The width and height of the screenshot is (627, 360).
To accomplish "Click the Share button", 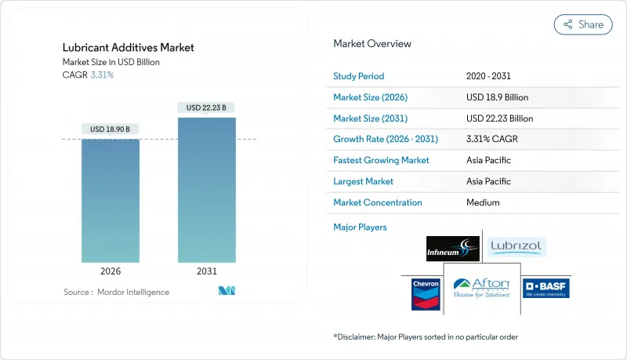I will [x=583, y=24].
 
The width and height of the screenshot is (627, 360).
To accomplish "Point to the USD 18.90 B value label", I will [x=111, y=129].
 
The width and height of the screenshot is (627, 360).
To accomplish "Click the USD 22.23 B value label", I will [x=207, y=107].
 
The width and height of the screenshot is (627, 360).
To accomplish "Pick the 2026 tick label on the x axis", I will [x=111, y=271].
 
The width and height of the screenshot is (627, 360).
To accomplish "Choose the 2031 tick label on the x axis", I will [x=207, y=271].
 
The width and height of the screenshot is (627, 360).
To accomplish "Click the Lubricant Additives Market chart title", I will [x=129, y=48].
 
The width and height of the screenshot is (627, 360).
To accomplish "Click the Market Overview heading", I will [x=372, y=44].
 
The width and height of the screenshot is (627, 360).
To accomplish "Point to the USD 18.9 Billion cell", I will [x=497, y=97].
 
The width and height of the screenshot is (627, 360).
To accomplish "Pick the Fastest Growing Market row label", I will [x=382, y=160].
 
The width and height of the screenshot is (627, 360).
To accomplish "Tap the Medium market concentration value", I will [x=483, y=202].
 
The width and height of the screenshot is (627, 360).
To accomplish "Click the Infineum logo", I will [x=452, y=248].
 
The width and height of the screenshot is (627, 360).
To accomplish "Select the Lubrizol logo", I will [x=516, y=247].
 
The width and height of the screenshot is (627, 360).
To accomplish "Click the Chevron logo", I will [x=421, y=289].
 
